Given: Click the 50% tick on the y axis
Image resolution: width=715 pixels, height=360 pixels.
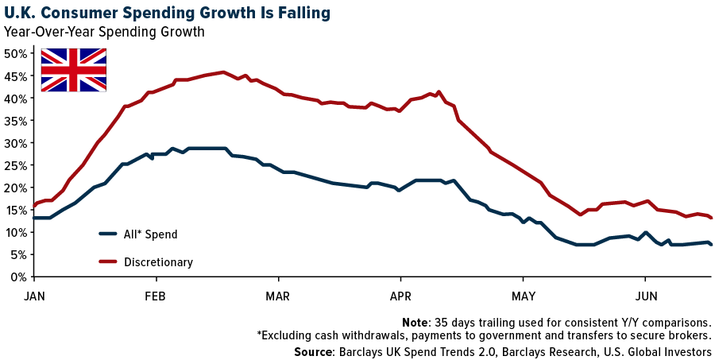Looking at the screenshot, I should (x=17, y=54).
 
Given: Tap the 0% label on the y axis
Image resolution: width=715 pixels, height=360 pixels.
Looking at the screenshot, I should (x=20, y=277).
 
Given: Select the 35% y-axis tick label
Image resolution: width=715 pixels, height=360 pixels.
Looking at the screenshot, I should (x=17, y=121).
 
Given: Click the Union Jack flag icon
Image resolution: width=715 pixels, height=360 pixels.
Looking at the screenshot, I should (x=73, y=70).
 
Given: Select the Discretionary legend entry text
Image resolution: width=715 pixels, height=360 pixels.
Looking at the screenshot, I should (x=158, y=261).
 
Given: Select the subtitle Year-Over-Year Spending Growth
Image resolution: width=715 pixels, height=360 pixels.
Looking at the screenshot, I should (x=104, y=33).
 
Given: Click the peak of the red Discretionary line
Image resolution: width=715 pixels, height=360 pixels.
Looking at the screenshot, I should (x=223, y=72).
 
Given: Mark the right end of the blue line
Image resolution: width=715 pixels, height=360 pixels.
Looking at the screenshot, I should (x=711, y=245).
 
